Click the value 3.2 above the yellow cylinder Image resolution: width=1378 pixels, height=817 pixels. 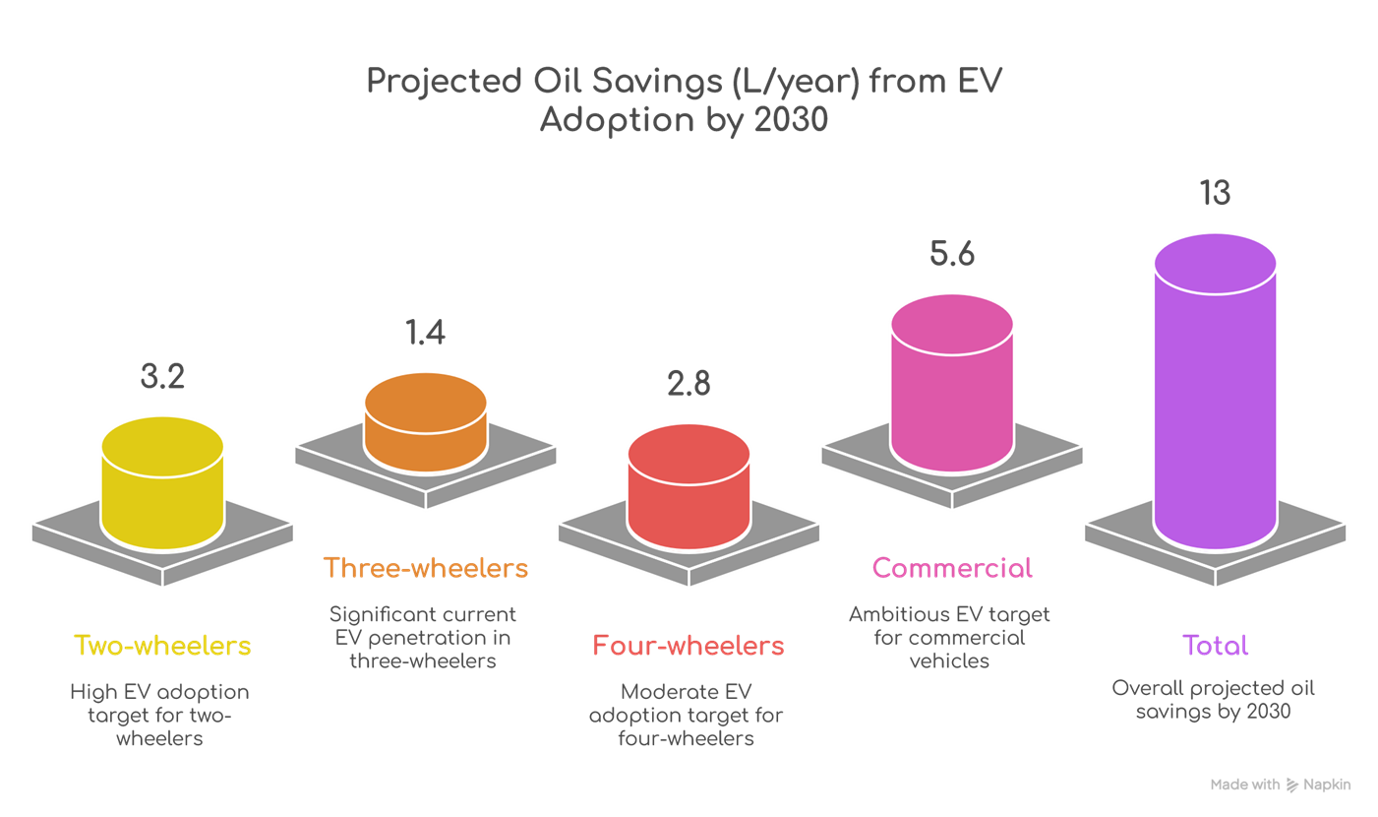(x=162, y=377)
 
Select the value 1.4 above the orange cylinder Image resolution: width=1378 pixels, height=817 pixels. (x=425, y=333)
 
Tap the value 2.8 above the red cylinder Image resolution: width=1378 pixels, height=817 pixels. (x=689, y=383)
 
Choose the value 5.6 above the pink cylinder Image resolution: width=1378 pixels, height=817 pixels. (x=951, y=254)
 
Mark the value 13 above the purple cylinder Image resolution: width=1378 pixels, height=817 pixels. (x=1215, y=193)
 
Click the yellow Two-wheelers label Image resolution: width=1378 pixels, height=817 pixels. (x=162, y=646)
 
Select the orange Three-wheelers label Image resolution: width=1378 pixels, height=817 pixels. (x=426, y=568)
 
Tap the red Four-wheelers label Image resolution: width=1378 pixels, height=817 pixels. (x=689, y=646)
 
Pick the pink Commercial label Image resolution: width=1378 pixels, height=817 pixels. (x=952, y=568)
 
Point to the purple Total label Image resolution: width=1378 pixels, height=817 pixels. (x=1215, y=646)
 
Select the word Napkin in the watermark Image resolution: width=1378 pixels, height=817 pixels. (x=1327, y=785)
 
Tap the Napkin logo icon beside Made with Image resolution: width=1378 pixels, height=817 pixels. (x=1291, y=785)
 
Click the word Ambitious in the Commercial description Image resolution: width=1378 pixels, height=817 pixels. (x=897, y=614)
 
